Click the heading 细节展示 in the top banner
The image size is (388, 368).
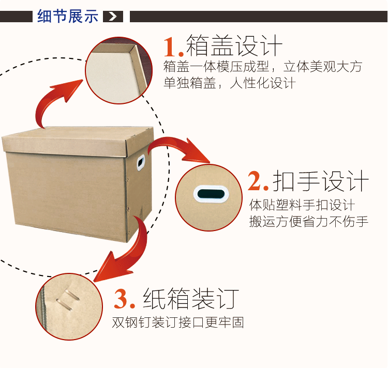point(67,16)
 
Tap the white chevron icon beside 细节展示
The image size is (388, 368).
point(113,17)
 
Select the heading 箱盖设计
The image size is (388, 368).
point(234,45)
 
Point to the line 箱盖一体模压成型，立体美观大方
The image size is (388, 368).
point(262,67)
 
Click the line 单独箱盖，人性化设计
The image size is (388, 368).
point(229,83)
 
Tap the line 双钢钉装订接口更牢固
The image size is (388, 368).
point(178,323)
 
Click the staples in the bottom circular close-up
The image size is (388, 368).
point(67,300)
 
